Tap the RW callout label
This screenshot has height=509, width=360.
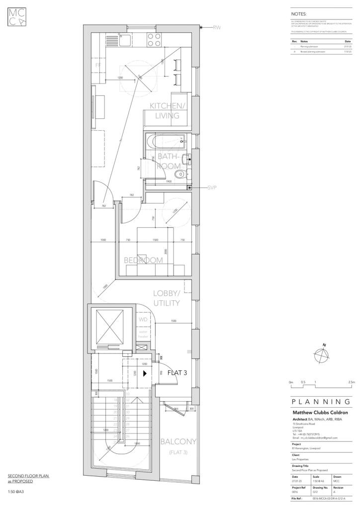pos(217,28)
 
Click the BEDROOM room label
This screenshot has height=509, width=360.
pos(143,260)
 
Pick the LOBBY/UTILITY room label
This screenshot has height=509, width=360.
pos(166,298)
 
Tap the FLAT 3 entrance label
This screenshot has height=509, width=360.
pos(177,372)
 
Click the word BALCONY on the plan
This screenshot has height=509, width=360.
pos(178,441)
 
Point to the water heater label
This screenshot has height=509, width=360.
pos(143,334)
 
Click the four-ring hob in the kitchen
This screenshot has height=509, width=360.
pos(154,39)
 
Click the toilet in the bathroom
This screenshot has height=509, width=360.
pos(181,173)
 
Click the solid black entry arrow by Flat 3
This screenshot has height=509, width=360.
pos(144,372)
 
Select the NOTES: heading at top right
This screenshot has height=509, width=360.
pos(299,14)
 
